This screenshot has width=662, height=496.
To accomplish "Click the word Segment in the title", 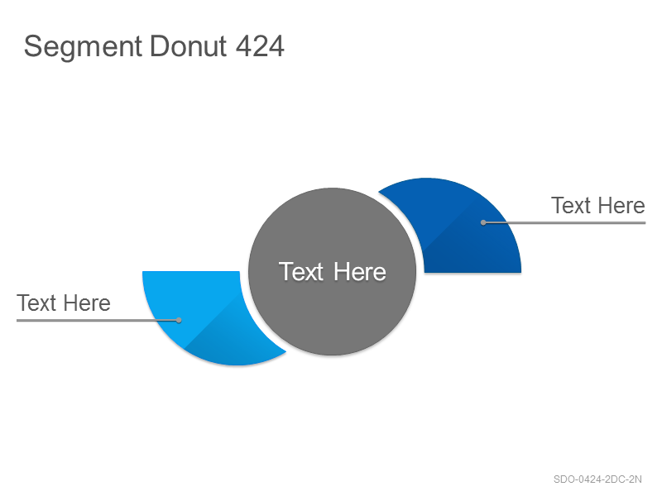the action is tap(83, 47).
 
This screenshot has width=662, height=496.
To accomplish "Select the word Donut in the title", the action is tap(189, 46).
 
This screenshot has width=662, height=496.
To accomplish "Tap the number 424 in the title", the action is tap(260, 46).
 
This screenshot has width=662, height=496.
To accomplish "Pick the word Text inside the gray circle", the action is tap(301, 271).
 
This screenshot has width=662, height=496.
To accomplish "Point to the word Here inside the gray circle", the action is tap(360, 272).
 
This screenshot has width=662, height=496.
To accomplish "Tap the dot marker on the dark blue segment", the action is tap(483, 222).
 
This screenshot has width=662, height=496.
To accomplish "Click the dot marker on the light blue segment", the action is tap(179, 320).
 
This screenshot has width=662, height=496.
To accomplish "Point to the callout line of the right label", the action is tap(564, 222).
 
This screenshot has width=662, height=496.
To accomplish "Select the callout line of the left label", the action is tap(98, 320).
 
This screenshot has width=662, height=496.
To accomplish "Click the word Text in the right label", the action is tap(571, 205).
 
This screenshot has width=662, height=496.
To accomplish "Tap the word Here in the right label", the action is tap(621, 205).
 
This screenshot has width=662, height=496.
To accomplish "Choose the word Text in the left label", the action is tap(36, 303).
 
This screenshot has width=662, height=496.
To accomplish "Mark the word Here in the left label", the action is tap(87, 303).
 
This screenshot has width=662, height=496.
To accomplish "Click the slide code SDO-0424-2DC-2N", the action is tap(597, 479).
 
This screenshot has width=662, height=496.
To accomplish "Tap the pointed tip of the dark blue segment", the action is tap(379, 193).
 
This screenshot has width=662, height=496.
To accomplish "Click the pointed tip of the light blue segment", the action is tap(285, 351).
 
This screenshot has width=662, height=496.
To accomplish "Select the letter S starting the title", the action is tap(33, 46).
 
